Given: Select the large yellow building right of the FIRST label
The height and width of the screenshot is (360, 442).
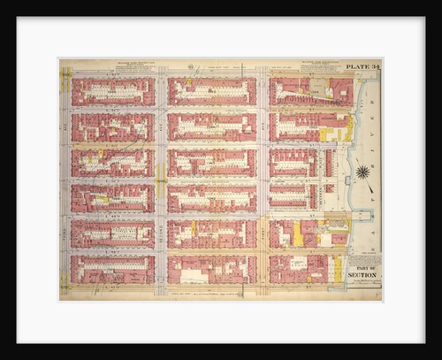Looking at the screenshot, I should click(299, 234).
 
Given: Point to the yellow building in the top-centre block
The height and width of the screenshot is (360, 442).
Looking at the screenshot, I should click(189, 86).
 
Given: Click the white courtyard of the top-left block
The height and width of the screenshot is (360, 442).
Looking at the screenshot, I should click(113, 90).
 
